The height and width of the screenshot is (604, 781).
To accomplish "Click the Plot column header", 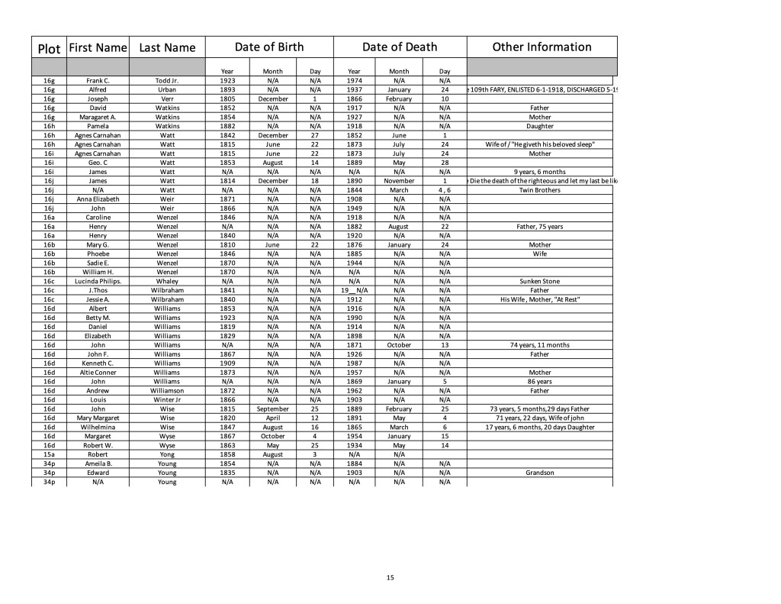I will coord(49,48).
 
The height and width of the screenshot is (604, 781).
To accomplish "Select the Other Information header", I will coord(542,47).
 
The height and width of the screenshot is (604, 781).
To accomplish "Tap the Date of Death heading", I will coord(400,47).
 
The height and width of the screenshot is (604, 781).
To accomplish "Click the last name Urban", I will coord(167,89).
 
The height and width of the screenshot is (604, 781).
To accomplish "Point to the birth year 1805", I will coord(227,99).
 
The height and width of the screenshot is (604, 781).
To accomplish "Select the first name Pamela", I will coord(98,126).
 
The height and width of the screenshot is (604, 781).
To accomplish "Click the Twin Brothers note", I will coord(540,190).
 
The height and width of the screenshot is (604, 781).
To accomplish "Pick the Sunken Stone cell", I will coord(540,281).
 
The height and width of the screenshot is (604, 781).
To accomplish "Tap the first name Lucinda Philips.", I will coord(98,281).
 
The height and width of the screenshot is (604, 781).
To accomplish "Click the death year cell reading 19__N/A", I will coord(354,290).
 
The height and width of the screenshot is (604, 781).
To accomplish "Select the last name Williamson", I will coord(167,390).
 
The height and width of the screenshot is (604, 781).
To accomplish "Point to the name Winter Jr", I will coord(167,399).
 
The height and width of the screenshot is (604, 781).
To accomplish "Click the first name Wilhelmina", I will coord(98,427).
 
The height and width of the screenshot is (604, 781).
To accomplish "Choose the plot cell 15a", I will coord(49,454).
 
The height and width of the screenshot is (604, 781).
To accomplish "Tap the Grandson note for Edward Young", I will coord(540,473).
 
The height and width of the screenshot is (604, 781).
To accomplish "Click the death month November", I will coord(399,181).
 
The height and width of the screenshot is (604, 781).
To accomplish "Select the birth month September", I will coord(273,409).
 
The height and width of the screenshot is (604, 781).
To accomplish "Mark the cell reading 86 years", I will coord(540,381).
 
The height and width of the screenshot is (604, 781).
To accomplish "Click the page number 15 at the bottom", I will coord(390,577).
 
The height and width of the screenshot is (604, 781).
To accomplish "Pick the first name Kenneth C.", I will coord(98,363).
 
